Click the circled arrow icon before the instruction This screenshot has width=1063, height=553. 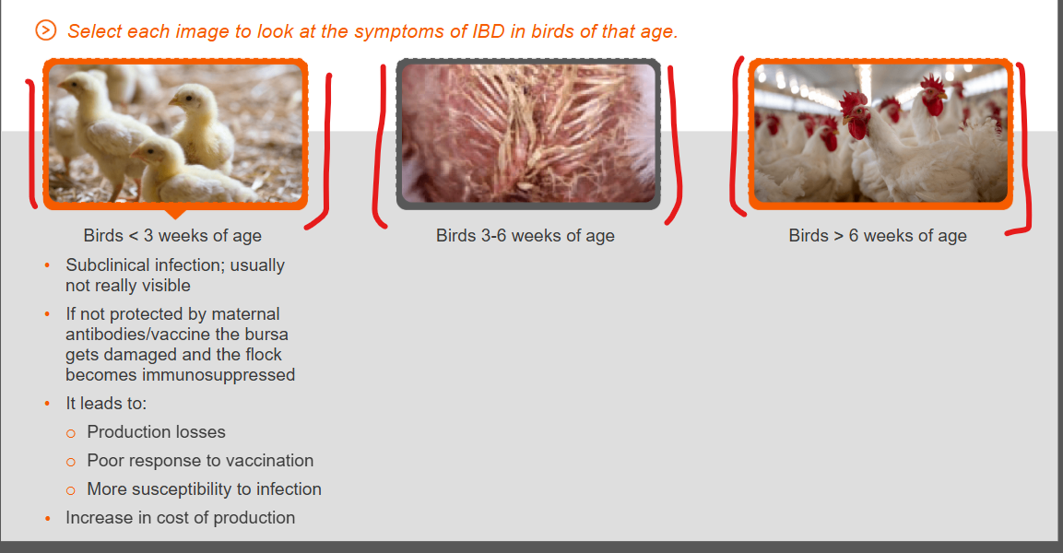pyautogui.click(x=45, y=30)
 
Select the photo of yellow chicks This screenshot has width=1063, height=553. pyautogui.click(x=175, y=134)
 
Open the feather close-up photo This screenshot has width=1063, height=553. pyautogui.click(x=528, y=134)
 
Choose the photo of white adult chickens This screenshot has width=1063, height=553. pyautogui.click(x=880, y=134)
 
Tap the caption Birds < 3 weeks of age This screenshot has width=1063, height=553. pyautogui.click(x=172, y=236)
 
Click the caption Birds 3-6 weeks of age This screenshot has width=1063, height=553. pyautogui.click(x=526, y=236)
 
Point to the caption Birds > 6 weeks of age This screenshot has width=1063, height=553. pyautogui.click(x=878, y=236)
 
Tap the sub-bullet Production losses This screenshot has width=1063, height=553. pyautogui.click(x=156, y=432)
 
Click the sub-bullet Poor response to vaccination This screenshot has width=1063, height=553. pyautogui.click(x=200, y=461)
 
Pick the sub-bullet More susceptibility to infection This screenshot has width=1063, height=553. pyautogui.click(x=204, y=489)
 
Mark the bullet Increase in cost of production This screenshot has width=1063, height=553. pyautogui.click(x=181, y=518)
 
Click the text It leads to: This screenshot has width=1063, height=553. pyautogui.click(x=106, y=404)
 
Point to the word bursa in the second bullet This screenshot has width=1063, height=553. pyautogui.click(x=266, y=335)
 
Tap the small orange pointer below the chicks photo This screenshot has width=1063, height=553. pyautogui.click(x=175, y=213)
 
